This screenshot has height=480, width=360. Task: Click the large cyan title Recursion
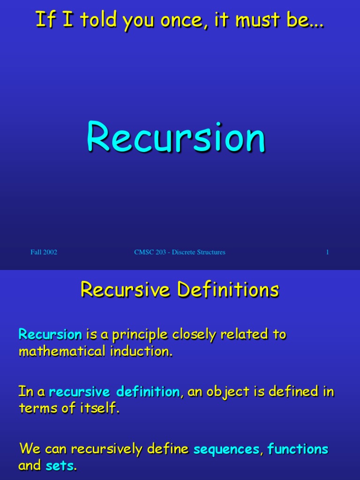(176, 137)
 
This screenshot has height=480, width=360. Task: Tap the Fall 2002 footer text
(44, 252)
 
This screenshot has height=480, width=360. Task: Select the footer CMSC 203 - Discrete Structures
(180, 252)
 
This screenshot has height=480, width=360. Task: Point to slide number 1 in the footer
(327, 252)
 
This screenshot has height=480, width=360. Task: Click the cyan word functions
(298, 449)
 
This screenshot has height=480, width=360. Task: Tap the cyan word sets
(60, 466)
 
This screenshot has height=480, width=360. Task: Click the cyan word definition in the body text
(148, 391)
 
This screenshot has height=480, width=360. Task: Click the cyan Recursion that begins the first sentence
(50, 335)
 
